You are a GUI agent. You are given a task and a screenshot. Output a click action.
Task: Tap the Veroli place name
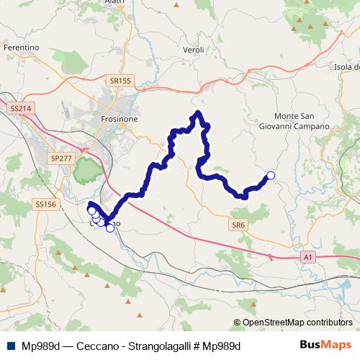pos(194,50)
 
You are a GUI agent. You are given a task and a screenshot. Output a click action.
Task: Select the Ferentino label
pos(21,48)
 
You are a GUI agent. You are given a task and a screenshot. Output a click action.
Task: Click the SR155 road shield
pos(121,81)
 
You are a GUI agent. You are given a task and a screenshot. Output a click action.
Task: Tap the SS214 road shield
pos(21,108)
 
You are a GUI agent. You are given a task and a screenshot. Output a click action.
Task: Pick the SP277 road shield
pos(62,157)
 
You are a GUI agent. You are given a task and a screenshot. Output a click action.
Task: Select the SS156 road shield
pos(45,204)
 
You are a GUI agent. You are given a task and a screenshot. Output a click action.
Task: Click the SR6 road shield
pos(239,225)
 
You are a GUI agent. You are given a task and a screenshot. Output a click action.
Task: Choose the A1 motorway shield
pos(308,256)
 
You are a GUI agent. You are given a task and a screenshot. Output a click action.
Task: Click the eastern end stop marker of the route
pos(271,175)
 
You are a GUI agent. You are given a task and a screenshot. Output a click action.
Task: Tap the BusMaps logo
pos(325,345)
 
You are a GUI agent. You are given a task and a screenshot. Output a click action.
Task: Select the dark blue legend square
pos(6,346)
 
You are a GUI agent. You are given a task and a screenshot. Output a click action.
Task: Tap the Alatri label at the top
pos(114,2)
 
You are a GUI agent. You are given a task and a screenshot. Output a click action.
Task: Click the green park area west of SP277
pos(88,171)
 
